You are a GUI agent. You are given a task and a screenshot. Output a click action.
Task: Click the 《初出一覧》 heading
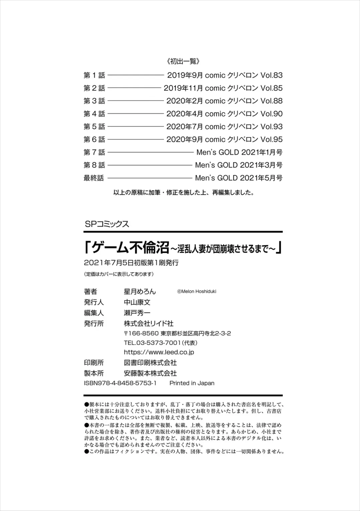click(x=182, y=61)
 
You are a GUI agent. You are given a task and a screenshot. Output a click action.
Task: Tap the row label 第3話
click(x=94, y=101)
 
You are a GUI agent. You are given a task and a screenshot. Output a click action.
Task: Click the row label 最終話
click(x=94, y=178)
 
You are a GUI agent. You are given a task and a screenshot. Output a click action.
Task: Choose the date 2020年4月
click(x=184, y=114)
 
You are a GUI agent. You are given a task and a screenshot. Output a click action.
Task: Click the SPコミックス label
click(x=107, y=224)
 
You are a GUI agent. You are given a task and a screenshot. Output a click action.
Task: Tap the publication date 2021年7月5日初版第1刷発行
click(x=131, y=263)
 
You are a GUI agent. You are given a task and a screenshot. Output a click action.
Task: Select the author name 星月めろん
click(x=140, y=292)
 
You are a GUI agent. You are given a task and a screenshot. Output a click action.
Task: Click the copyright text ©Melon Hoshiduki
click(x=196, y=291)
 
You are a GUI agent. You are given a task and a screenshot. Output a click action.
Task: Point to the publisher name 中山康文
click(x=137, y=302)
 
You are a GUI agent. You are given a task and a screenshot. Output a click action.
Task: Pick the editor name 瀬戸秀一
click(x=137, y=313)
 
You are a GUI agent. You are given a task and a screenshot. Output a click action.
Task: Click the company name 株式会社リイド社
click(x=148, y=323)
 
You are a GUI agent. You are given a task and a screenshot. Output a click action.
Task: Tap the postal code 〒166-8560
click(x=141, y=333)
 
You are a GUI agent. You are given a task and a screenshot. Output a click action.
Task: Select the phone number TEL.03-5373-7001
click(x=152, y=343)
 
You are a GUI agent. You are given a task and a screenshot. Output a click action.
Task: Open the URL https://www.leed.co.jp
click(x=159, y=352)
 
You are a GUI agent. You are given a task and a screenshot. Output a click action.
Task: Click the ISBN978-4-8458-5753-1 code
click(x=120, y=383)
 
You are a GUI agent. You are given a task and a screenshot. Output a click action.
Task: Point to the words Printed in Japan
click(x=192, y=383)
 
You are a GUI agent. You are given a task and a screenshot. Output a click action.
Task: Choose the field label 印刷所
click(x=94, y=363)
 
